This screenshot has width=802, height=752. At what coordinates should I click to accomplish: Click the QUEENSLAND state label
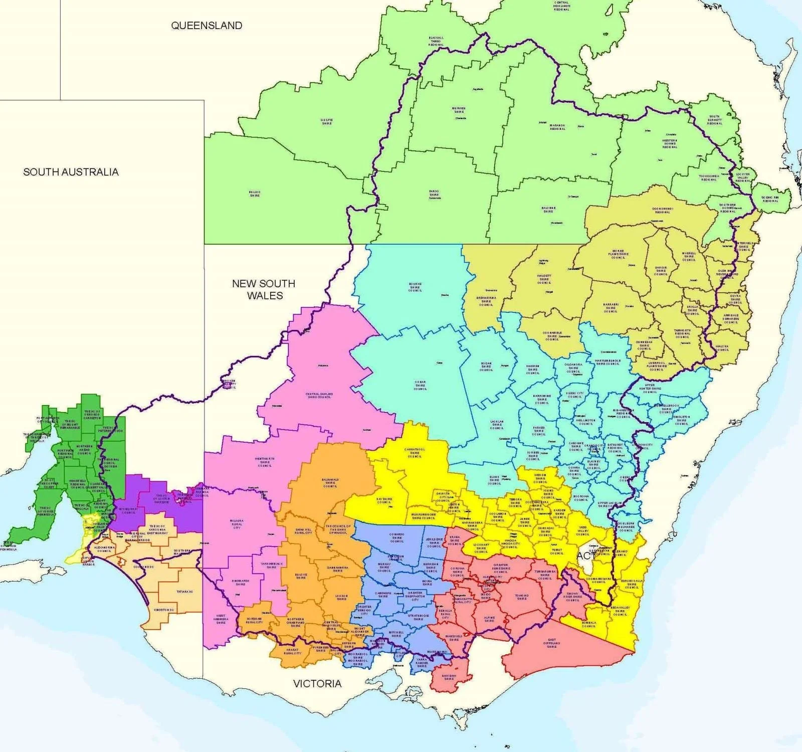[x=207, y=26]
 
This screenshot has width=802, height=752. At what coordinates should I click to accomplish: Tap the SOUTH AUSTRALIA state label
[x=71, y=172]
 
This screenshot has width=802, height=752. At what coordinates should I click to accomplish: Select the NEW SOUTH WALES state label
[x=264, y=289]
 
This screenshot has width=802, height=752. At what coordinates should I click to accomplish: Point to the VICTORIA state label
[x=317, y=683]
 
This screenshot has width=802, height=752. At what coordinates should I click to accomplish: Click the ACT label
[x=585, y=555]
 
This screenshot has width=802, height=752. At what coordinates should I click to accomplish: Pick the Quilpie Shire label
[x=326, y=121]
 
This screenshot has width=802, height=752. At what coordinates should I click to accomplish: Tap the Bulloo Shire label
[x=255, y=194]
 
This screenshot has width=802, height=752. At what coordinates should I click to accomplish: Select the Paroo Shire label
[x=434, y=194]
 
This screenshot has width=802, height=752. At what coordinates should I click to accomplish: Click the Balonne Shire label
[x=548, y=210]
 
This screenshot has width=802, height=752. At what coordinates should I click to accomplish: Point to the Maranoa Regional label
[x=557, y=127]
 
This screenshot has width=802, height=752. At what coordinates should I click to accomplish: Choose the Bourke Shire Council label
[x=415, y=287]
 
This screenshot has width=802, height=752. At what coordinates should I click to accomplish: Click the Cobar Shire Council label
[x=420, y=385]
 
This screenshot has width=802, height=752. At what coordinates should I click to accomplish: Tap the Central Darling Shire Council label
[x=319, y=395]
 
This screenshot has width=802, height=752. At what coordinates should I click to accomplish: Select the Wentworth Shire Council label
[x=264, y=461]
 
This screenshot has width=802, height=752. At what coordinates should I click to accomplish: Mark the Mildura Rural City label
[x=237, y=524]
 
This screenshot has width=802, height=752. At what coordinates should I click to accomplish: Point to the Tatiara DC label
[x=184, y=592]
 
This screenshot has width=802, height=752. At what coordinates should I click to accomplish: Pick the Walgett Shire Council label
[x=544, y=279]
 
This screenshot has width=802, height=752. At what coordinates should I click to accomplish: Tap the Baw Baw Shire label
[x=449, y=677]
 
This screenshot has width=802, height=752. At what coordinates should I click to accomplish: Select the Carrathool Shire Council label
[x=415, y=453]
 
